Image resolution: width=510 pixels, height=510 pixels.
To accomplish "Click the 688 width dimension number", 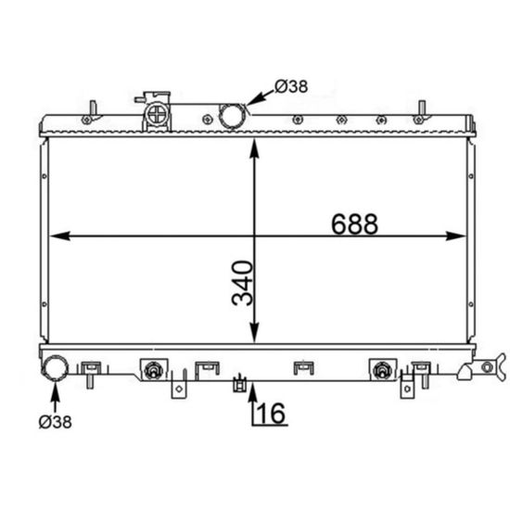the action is [354, 224].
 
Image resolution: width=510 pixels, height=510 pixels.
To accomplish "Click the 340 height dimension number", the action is [242, 283].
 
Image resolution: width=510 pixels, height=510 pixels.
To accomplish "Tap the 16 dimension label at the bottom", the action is [271, 413].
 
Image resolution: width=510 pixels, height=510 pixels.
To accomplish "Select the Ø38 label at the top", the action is [291, 86].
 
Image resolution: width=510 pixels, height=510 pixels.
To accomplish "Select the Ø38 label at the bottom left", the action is [55, 422].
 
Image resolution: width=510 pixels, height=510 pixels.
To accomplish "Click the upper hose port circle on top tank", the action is [232, 116].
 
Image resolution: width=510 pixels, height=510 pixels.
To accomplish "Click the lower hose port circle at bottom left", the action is [55, 368].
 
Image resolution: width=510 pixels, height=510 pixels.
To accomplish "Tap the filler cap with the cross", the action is [157, 114].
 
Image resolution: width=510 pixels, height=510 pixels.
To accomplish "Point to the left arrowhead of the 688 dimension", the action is [60, 236].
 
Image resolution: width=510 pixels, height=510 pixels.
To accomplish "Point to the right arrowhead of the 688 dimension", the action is [456, 236].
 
